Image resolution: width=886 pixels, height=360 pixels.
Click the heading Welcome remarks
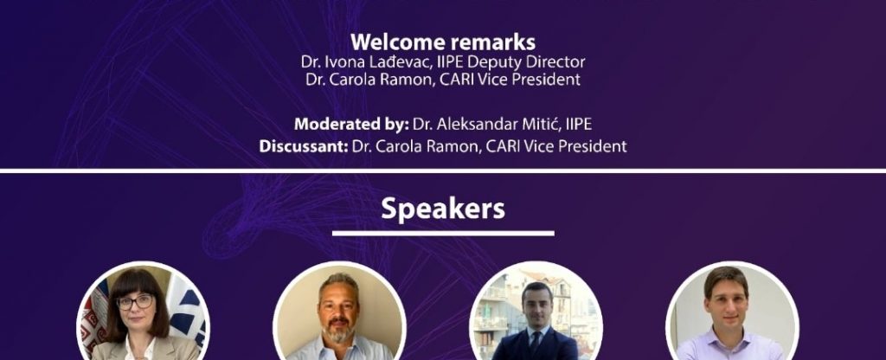443,42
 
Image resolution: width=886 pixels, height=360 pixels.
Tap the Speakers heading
443,209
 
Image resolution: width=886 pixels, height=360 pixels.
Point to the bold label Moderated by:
351,124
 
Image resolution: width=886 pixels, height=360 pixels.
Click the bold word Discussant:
304,146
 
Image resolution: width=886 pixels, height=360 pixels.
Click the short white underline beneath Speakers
443,233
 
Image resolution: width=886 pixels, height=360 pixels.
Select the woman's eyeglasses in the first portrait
134,301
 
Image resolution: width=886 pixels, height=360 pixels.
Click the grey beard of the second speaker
338,331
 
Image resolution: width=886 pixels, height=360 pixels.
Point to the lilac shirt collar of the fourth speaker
728,339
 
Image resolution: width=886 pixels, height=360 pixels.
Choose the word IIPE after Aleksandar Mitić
579,124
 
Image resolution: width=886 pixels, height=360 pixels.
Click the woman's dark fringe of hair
134,283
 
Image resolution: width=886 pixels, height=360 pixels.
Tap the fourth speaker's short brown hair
727,278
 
